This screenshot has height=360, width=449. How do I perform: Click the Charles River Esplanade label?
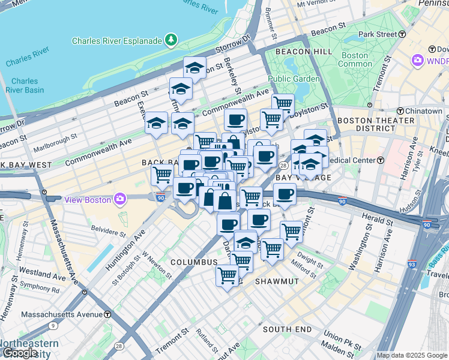[117, 41]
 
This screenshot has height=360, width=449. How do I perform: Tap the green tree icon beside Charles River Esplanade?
[172, 40]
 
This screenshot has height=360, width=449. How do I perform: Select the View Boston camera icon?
[120, 199]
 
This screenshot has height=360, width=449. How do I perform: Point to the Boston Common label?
[355, 59]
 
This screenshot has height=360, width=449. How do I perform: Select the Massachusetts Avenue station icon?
[107, 314]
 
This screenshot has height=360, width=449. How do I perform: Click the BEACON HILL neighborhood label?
[304, 52]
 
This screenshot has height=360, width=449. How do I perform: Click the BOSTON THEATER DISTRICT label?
[368, 124]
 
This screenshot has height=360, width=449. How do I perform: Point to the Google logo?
[19, 353]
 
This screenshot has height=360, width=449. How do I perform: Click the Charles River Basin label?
[25, 85]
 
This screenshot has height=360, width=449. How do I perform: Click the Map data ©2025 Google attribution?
[412, 355]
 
